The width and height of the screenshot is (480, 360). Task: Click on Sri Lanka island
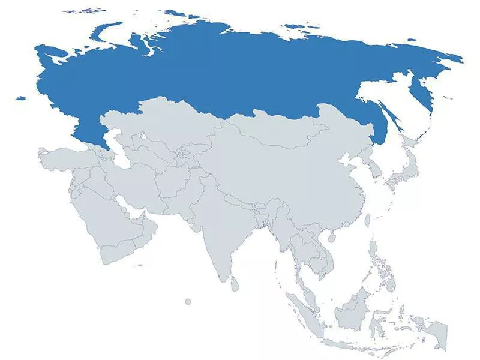234,284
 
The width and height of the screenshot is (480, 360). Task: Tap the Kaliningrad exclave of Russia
22,98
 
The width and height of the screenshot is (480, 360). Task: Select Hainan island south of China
332,238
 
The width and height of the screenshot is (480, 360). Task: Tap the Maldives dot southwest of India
188,301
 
